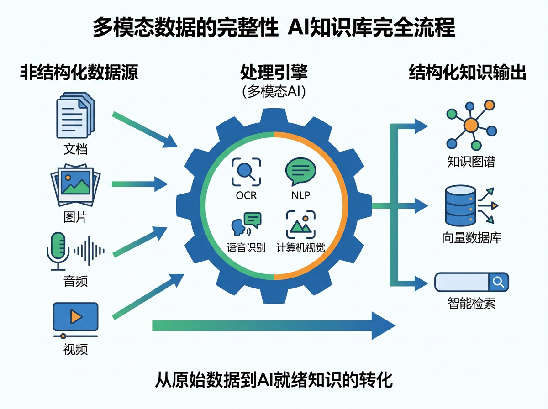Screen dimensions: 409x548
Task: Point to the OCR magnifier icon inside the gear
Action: coord(246,172)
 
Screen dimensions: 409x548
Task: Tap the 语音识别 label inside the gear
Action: coord(246,247)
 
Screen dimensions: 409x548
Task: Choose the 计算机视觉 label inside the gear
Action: coord(300,247)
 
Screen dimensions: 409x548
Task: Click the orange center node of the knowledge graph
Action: coord(470,125)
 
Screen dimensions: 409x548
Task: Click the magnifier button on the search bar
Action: coord(498,281)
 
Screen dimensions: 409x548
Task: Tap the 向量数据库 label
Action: coord(471,237)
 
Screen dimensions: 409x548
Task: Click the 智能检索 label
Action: coord(471,303)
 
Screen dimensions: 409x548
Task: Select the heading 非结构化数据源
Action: coord(79,73)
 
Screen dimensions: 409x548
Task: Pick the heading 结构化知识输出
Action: coord(467,73)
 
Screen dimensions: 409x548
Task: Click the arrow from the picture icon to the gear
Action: coord(139,184)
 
